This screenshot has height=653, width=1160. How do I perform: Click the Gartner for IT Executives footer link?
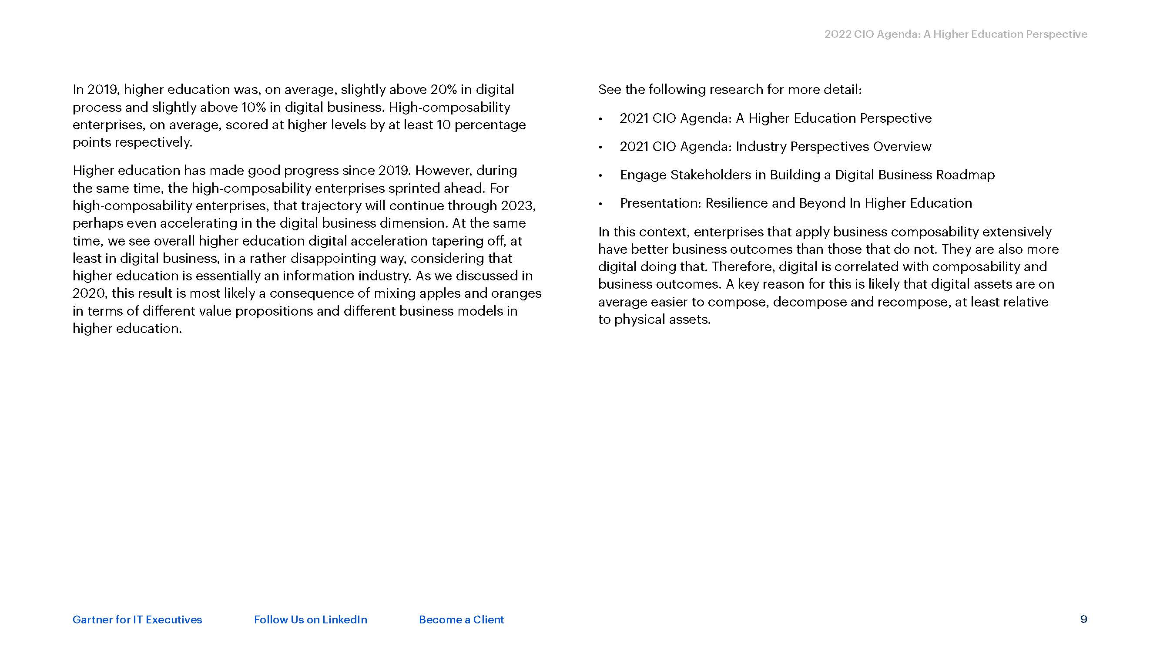(x=137, y=619)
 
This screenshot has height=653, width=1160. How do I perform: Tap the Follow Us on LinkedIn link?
(x=310, y=619)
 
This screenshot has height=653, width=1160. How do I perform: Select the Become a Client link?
(x=461, y=619)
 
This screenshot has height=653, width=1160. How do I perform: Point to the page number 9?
(x=1083, y=619)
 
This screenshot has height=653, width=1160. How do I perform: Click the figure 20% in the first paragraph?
(x=443, y=90)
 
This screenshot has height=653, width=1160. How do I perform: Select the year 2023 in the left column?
(x=517, y=205)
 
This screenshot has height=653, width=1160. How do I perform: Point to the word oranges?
(x=516, y=293)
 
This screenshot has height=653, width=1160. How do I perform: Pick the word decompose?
(x=810, y=302)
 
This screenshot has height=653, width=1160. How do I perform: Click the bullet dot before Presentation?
(x=601, y=204)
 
